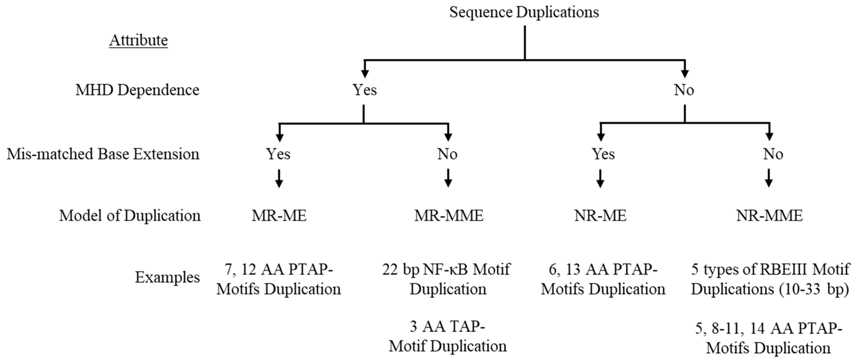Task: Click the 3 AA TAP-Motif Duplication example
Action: pyautogui.click(x=447, y=337)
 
